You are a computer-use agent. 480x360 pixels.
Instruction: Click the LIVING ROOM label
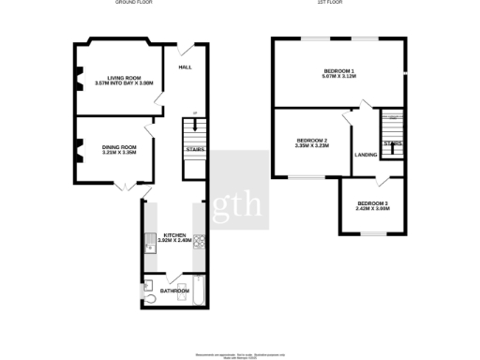tap(123, 78)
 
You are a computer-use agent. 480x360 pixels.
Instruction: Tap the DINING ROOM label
tap(119, 147)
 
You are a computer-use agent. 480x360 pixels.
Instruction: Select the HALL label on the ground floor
tap(184, 67)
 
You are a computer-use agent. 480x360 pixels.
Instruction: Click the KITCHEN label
tap(175, 234)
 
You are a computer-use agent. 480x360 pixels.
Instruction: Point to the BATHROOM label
tap(174, 291)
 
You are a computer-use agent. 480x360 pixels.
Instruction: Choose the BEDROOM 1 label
tap(338, 71)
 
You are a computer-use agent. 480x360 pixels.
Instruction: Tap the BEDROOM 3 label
tap(372, 204)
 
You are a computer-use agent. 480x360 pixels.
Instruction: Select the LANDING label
tap(365, 155)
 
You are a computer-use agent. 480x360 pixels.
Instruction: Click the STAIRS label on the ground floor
tap(195, 149)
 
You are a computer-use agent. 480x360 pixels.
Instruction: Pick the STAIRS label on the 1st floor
tap(394, 143)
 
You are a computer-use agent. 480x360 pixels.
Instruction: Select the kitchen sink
tap(150, 246)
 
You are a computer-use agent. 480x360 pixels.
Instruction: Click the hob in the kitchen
tap(198, 240)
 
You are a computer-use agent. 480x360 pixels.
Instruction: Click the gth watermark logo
tap(239, 204)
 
